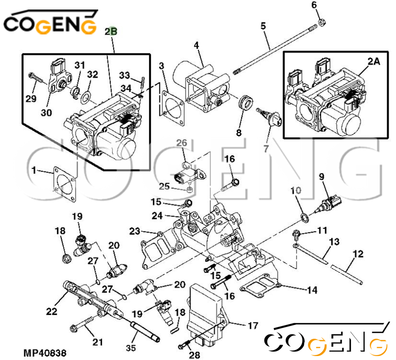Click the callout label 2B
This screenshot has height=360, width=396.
111,31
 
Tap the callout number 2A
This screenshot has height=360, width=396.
374,61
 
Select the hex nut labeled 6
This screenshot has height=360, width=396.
322,22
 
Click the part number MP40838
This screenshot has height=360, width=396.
45,353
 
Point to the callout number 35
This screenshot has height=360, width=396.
131,348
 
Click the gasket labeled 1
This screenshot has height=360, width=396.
64,184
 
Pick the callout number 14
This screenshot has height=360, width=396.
312,290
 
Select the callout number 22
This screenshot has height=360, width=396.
51,311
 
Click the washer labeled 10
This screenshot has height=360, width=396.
305,218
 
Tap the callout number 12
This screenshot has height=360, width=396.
358,254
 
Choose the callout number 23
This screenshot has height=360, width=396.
135,231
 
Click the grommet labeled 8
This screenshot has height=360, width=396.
246,103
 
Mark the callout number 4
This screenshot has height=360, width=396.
196,45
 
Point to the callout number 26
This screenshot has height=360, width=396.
182,143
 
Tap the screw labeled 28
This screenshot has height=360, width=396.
185,344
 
